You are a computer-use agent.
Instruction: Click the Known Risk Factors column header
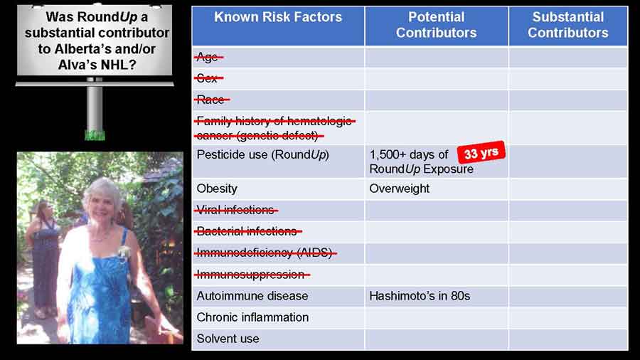[x=278, y=17]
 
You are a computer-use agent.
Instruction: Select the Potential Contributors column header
[x=437, y=25]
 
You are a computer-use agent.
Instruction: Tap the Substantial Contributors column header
[x=567, y=25]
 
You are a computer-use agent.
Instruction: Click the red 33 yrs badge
[x=481, y=153]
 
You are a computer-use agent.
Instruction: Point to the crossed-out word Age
[x=208, y=57]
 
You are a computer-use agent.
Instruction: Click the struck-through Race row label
[x=211, y=99]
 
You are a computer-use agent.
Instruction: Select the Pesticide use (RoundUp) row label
[x=263, y=154]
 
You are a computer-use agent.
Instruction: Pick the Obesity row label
[x=217, y=189]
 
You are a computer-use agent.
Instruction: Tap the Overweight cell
[x=399, y=189]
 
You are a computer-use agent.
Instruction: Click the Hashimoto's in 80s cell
[x=420, y=296]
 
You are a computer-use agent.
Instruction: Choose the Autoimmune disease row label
[x=252, y=296]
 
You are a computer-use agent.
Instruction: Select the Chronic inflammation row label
[x=252, y=317]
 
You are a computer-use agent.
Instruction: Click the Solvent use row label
[x=228, y=339]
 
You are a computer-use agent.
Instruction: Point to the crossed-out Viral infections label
[x=236, y=210]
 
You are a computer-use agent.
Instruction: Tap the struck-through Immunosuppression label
[x=252, y=275]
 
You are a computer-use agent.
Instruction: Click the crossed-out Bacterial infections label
[x=247, y=231]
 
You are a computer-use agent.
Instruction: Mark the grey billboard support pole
[x=95, y=108]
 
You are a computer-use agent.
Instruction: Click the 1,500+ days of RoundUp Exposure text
[x=421, y=162]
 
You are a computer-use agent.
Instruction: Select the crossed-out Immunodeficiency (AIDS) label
[x=265, y=253]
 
